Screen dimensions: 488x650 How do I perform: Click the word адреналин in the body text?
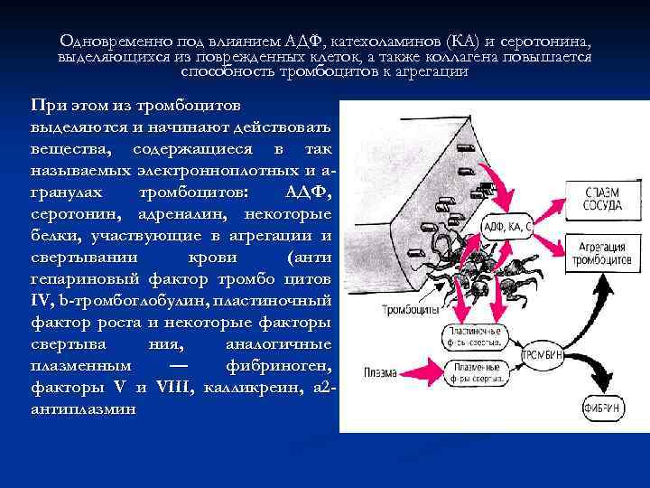click(x=191, y=214)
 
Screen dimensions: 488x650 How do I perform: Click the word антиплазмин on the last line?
click(x=83, y=408)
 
